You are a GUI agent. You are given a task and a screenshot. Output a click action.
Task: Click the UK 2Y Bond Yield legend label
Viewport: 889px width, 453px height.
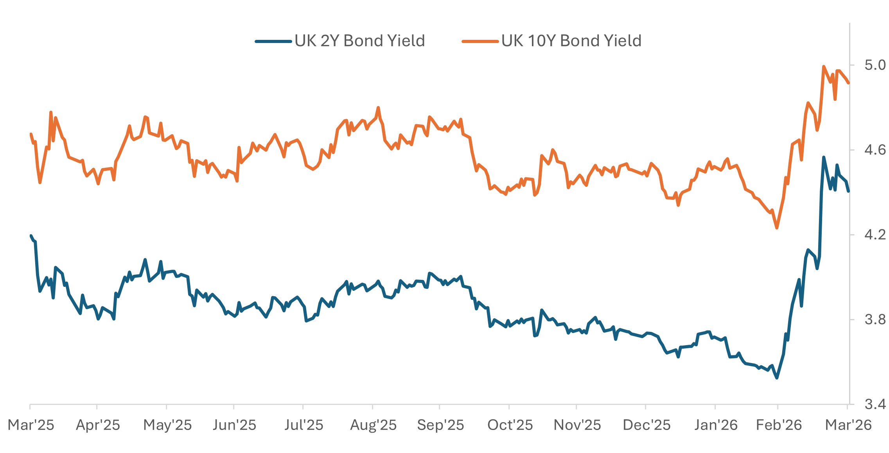[359, 41]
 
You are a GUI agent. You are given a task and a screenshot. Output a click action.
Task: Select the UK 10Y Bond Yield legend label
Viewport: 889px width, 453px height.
[571, 41]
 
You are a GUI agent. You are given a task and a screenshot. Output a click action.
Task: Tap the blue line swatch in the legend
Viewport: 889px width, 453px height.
[273, 41]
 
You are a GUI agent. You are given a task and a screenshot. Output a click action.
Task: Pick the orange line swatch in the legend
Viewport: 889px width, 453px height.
[480, 41]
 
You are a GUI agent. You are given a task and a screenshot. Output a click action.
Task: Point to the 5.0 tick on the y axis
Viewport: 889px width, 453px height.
[875, 65]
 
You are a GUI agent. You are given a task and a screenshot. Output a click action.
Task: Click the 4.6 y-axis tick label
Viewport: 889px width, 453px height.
[875, 150]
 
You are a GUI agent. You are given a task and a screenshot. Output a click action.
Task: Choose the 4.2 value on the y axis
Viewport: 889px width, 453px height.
[875, 235]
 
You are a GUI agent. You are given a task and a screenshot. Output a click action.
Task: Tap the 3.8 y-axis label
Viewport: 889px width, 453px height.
[875, 319]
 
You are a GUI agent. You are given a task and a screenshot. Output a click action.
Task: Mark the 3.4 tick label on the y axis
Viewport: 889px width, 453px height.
[875, 404]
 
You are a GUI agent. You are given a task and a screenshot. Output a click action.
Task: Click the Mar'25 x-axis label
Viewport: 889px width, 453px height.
[31, 425]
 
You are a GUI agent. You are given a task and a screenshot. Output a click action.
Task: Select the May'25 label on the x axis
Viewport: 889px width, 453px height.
[167, 425]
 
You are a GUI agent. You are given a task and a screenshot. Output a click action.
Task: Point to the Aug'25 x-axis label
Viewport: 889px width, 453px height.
[373, 425]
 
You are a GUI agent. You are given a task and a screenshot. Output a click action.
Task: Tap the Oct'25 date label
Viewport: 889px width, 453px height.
[510, 425]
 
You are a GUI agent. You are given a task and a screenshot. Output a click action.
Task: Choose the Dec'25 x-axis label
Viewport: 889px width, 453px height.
[647, 425]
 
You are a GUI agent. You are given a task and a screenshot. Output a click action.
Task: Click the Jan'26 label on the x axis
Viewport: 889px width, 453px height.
[716, 425]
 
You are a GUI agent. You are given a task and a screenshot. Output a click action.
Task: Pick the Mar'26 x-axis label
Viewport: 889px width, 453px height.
[848, 425]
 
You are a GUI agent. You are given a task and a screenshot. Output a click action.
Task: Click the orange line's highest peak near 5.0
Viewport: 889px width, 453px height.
[824, 66]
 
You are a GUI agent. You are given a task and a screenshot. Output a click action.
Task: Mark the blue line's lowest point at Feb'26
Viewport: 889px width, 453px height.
[777, 378]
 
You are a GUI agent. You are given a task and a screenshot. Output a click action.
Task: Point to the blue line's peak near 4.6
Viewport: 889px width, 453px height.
[824, 157]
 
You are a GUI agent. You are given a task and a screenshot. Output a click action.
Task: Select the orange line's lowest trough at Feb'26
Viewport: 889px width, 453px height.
[777, 228]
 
